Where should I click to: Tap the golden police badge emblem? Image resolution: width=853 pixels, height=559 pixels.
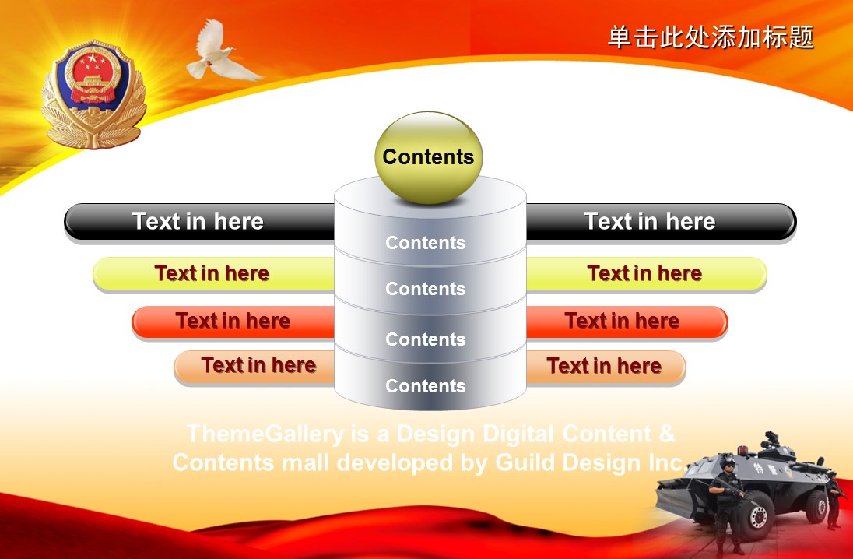pyautogui.click(x=93, y=94)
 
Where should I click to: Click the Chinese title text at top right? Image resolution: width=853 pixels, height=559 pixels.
pyautogui.click(x=710, y=37)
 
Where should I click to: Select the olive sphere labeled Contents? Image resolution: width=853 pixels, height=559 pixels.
pyautogui.click(x=429, y=158)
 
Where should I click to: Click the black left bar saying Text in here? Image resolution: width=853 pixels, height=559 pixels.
pyautogui.click(x=198, y=222)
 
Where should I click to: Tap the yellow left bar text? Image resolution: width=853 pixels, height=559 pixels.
pyautogui.click(x=212, y=273)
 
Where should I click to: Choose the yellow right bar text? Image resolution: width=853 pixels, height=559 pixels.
pyautogui.click(x=644, y=273)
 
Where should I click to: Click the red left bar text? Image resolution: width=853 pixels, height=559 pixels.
pyautogui.click(x=233, y=321)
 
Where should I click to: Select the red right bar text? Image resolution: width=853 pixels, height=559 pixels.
pyautogui.click(x=622, y=321)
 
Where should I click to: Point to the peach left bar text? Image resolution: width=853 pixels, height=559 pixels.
pyautogui.click(x=258, y=365)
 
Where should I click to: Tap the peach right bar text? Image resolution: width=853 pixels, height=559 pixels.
pyautogui.click(x=604, y=367)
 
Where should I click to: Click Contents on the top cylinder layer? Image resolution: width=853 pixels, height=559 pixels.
pyautogui.click(x=426, y=243)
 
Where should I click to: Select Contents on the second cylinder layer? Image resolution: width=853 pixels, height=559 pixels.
pyautogui.click(x=426, y=289)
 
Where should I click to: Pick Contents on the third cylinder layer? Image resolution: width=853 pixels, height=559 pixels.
pyautogui.click(x=426, y=339)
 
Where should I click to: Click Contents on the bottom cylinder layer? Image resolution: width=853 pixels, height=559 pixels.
pyautogui.click(x=426, y=386)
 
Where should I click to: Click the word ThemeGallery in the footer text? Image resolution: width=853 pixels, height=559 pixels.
pyautogui.click(x=265, y=434)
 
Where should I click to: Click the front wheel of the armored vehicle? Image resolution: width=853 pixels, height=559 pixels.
pyautogui.click(x=757, y=517)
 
